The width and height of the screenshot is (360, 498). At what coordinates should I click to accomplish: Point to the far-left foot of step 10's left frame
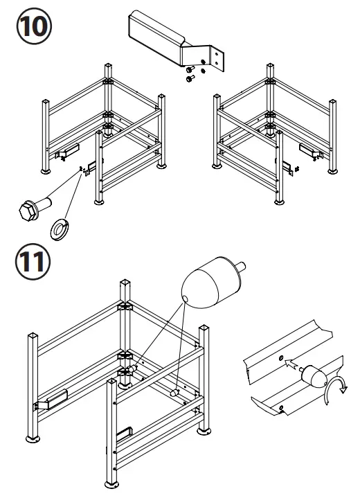[46, 170]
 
